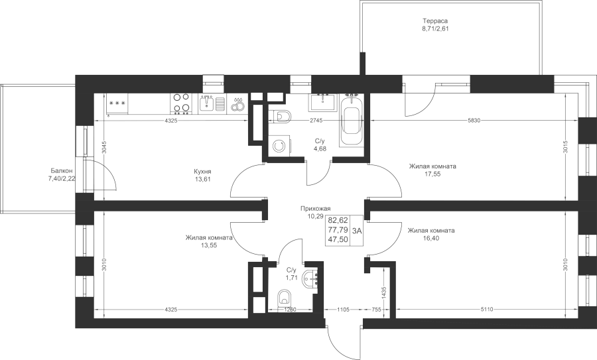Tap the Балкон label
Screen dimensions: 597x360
[60, 171]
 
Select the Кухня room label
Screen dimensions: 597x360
[202, 171]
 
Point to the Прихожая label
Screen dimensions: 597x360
[315, 209]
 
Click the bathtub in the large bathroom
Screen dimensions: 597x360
[351, 121]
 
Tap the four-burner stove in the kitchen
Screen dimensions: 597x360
[181, 104]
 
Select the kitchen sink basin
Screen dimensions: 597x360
[207, 103]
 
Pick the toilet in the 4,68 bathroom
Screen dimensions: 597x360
[281, 116]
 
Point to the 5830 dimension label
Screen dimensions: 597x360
[474, 120]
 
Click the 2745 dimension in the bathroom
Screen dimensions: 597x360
[316, 120]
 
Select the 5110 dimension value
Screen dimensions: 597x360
[487, 310]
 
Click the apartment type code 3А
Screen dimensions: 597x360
[357, 230]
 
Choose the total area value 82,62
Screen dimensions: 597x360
[338, 220]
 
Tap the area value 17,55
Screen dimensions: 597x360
[432, 174]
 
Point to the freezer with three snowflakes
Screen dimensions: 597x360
[117, 104]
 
